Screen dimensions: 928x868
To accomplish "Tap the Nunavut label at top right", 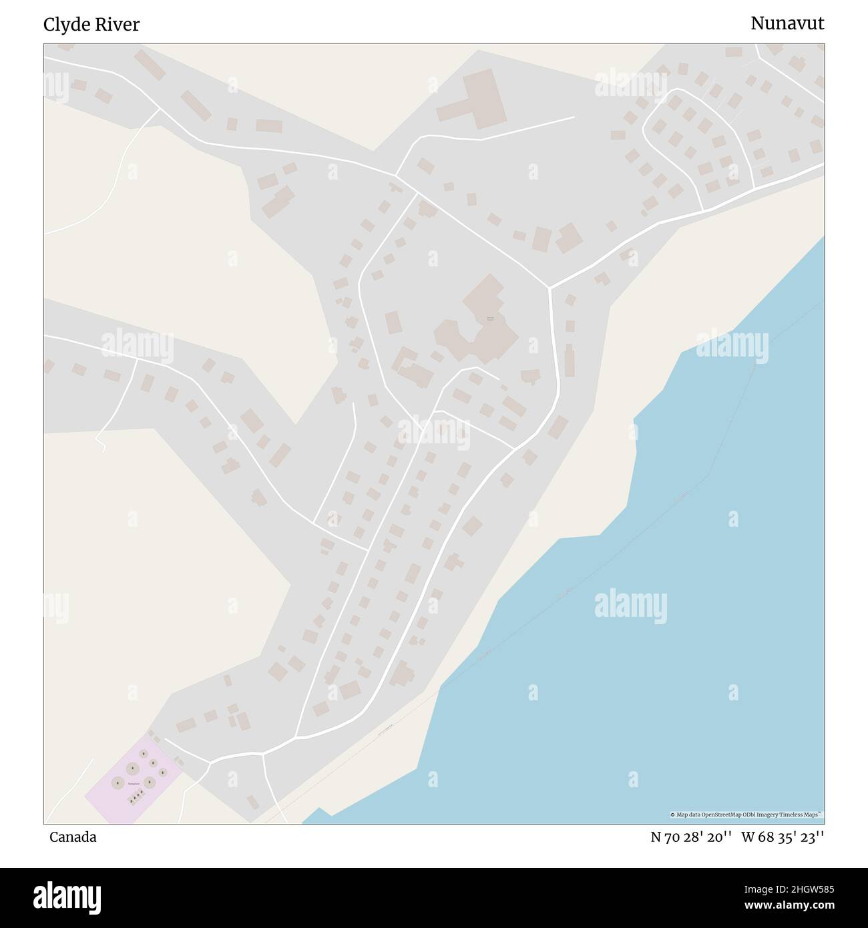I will [x=787, y=23].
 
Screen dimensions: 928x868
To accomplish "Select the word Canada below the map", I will [x=72, y=837].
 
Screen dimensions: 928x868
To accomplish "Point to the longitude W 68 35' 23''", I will [x=782, y=837].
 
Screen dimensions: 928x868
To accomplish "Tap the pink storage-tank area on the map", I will [x=134, y=778].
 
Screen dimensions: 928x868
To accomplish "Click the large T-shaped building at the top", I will [x=475, y=98].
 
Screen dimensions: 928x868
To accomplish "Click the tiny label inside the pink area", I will [x=134, y=783].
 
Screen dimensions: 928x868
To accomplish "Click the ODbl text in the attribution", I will [x=751, y=815].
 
